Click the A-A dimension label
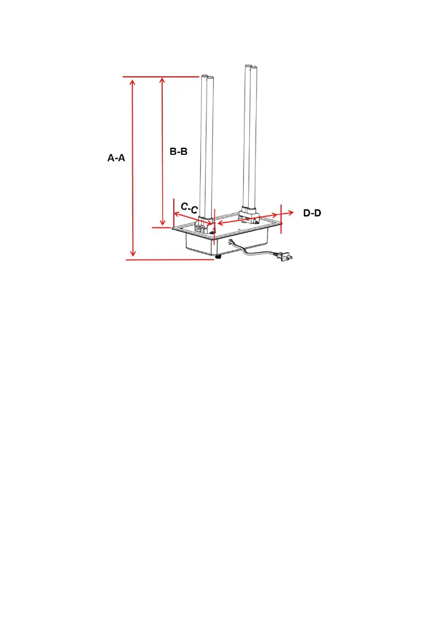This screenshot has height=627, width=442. coord(116,158)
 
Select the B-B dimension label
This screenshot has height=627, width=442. coord(179,152)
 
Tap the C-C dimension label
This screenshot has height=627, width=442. coord(189,208)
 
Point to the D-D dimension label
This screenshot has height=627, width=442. coord(312,213)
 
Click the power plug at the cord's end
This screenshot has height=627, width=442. coord(286,256)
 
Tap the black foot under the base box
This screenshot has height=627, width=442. coord(218,256)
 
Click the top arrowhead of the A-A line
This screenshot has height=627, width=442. coord(133,82)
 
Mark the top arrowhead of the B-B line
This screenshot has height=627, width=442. coord(162,81)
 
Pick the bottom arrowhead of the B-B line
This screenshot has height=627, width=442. coord(162,222)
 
